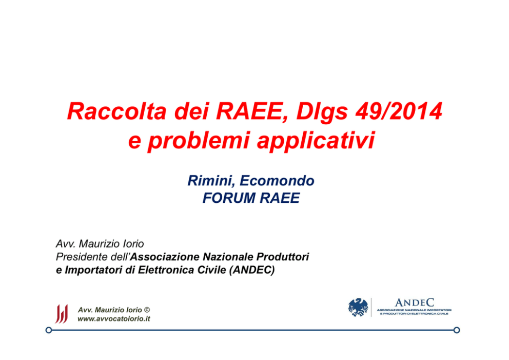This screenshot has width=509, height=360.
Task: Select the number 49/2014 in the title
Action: [x=399, y=111]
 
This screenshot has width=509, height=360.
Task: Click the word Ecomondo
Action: [x=277, y=181]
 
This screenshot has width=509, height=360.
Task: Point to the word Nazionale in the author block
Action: [x=228, y=257]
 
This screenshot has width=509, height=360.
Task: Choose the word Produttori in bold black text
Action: [x=283, y=257]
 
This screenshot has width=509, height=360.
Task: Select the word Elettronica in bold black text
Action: [x=166, y=270]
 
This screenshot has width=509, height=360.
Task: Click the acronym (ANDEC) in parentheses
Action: [x=252, y=270]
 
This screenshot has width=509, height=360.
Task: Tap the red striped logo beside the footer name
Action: [x=62, y=314]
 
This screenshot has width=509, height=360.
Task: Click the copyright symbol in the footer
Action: [x=147, y=310]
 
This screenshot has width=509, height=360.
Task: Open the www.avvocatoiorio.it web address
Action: [x=113, y=319]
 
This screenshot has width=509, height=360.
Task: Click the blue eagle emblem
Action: [x=358, y=307]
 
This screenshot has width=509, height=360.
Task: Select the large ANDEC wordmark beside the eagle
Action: [x=415, y=303]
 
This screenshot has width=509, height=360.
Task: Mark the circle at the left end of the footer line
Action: [x=49, y=330]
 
